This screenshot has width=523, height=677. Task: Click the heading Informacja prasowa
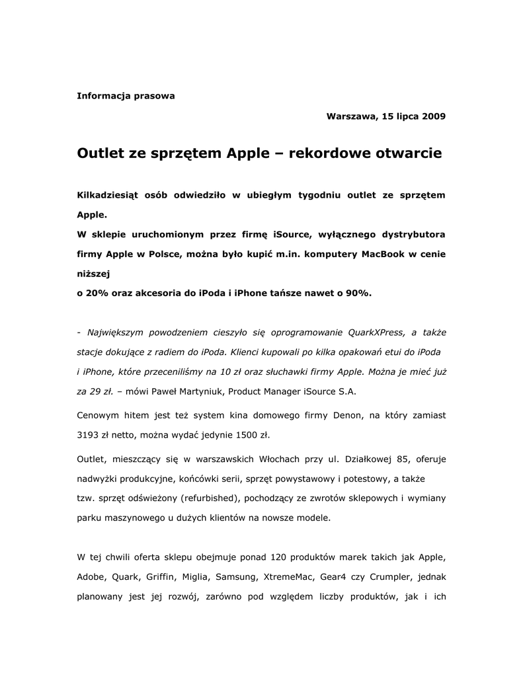pos(126,96)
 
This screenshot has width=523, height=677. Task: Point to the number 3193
pos(89,435)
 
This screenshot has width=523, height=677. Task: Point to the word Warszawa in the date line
pos(352,116)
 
